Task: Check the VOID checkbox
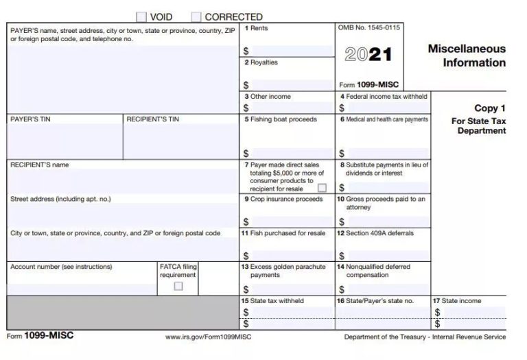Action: coord(141,16)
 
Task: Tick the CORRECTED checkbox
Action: coord(196,16)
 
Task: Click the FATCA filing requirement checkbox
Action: coord(178,286)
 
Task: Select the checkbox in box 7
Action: coord(322,187)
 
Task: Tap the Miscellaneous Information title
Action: coord(467,56)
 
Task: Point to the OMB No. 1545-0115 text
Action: coord(369,27)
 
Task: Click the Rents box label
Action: coord(258,28)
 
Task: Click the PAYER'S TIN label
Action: coord(30,119)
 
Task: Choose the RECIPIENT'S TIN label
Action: coord(153,119)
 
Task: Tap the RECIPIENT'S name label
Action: coord(39,165)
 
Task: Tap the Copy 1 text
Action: coord(490,108)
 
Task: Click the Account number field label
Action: coord(61,267)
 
